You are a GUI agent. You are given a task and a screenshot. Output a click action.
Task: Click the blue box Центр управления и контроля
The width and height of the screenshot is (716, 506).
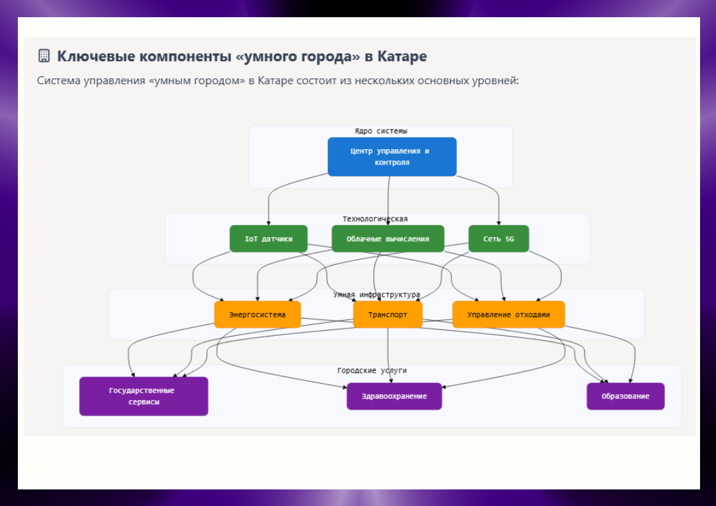(392, 157)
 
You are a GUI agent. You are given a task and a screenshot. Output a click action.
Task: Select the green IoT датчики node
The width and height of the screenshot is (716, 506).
(268, 239)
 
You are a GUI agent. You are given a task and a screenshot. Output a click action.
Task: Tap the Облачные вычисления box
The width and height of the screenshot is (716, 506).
(388, 239)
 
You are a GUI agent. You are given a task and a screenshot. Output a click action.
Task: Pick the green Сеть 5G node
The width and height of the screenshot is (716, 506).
(499, 239)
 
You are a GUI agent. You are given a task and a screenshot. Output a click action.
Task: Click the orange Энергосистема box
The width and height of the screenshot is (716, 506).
(258, 315)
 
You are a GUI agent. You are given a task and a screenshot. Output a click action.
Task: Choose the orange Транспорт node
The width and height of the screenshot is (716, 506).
(388, 315)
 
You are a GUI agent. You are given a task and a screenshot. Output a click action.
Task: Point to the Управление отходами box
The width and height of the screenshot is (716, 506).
(508, 315)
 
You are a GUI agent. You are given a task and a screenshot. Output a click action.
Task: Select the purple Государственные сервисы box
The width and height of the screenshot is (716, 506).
(143, 396)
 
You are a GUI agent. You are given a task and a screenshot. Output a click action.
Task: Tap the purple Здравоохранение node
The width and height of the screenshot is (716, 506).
(394, 396)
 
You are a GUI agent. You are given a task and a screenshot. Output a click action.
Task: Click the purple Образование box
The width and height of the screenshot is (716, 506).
(625, 396)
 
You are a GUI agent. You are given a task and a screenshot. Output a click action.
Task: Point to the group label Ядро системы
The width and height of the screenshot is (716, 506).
(381, 131)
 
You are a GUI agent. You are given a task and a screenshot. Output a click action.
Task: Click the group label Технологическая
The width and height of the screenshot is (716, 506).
(375, 219)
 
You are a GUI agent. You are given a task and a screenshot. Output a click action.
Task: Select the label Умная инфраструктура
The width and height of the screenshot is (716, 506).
(377, 295)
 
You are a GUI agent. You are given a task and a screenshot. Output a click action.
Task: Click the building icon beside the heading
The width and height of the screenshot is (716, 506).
(44, 56)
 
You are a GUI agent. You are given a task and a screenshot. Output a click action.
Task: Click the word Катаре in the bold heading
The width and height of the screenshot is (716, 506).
(402, 56)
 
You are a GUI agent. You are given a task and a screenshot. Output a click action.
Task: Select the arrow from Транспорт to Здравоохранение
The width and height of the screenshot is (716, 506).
(388, 357)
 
